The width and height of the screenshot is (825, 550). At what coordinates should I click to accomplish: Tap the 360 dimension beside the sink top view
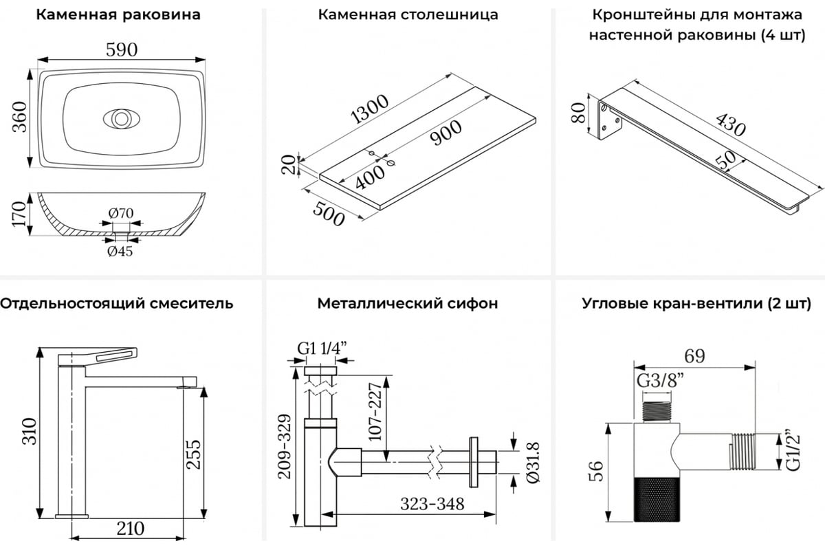19,118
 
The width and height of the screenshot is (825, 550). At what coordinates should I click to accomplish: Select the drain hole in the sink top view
121,118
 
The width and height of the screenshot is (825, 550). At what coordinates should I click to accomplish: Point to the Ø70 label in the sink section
121,213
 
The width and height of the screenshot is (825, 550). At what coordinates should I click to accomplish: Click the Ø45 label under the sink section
120,251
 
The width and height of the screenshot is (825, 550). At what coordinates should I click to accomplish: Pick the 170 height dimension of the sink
19,214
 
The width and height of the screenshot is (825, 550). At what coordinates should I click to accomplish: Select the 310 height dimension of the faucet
27,432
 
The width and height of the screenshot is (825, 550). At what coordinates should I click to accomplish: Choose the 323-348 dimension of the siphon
434,503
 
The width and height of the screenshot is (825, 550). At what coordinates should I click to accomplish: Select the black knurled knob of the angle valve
654,500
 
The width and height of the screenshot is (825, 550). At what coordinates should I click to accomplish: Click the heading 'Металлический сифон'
408,303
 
